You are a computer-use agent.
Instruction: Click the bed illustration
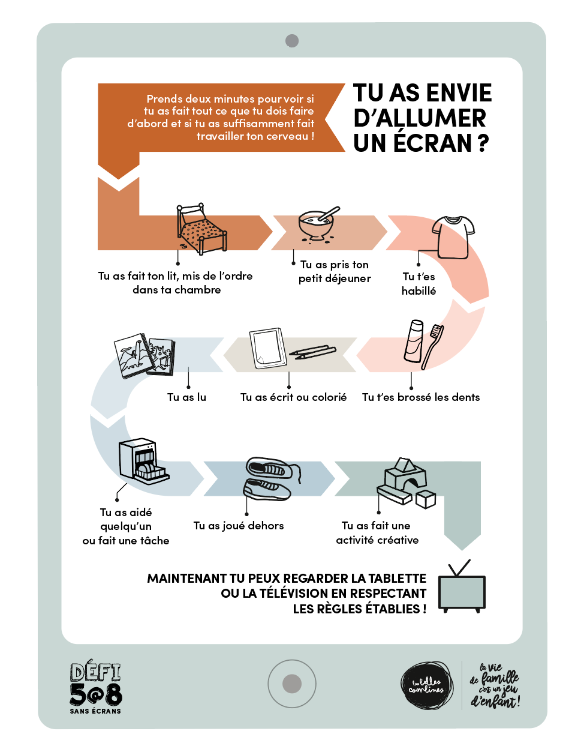201,230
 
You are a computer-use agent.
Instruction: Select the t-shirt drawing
453,236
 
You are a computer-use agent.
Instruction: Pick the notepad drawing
268,348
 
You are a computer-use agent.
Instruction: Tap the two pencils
312,352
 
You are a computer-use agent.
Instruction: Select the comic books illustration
145,355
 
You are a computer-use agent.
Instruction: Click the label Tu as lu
186,397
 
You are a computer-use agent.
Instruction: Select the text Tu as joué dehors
238,526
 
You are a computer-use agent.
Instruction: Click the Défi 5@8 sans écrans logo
96,688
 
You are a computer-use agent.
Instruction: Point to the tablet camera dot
292,41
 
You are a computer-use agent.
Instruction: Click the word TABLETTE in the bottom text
397,579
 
